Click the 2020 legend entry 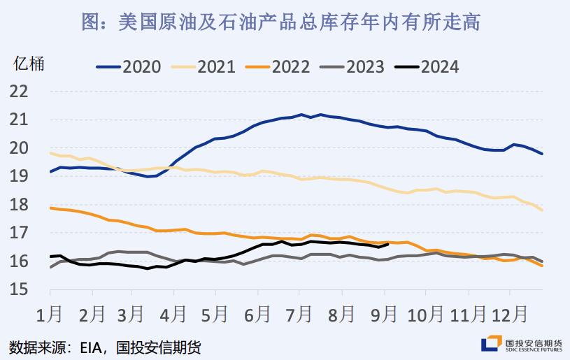[x=129, y=67]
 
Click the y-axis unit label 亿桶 [x=29, y=64]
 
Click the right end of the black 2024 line [x=387, y=244]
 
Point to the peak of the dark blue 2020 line [x=301, y=114]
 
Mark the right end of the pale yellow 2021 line [x=542, y=210]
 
